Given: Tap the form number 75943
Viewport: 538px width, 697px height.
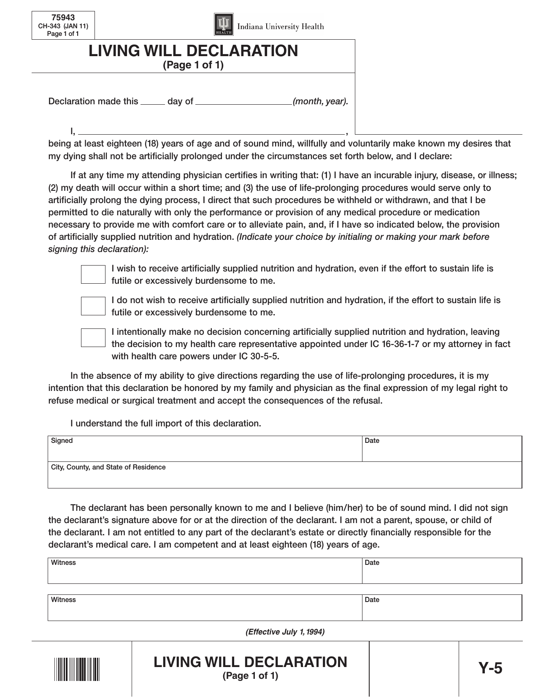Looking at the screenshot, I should [x=63, y=18].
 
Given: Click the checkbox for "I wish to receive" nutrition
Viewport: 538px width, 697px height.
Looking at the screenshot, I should [x=93, y=274].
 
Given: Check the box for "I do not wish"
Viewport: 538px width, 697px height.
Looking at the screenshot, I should [x=93, y=306].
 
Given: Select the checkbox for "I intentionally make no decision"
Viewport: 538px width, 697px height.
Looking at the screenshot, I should [x=93, y=338].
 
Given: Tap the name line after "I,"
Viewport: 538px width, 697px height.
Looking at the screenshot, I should [x=211, y=132].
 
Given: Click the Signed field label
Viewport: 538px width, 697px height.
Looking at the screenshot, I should [x=62, y=441].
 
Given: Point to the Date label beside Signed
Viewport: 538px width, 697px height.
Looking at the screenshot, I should [x=372, y=441].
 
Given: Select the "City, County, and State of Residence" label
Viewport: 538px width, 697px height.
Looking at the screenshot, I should [x=108, y=467].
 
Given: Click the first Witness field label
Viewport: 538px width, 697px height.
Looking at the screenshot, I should [x=63, y=563].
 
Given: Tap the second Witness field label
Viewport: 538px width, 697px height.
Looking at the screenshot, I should [x=63, y=600].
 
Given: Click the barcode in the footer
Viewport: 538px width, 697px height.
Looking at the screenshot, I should [x=77, y=669].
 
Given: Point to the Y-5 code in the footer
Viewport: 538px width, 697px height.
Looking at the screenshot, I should [x=490, y=669].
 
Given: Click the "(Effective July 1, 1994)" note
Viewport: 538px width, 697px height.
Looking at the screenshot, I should [x=285, y=632].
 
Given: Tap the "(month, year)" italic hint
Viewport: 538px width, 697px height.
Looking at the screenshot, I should [x=320, y=101].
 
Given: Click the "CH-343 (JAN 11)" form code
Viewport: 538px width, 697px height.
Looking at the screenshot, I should [x=63, y=26].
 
